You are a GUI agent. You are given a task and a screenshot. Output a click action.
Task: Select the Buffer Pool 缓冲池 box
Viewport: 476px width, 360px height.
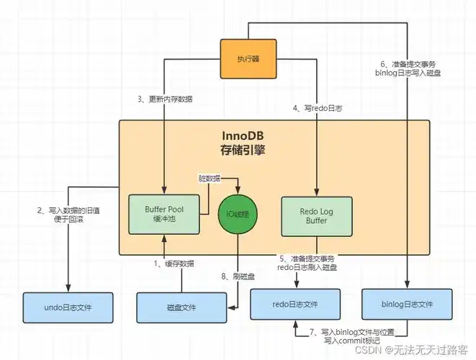163,214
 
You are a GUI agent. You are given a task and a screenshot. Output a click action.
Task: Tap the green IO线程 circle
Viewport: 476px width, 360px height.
238,213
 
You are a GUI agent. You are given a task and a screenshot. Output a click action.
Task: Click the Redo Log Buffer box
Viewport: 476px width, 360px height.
317,214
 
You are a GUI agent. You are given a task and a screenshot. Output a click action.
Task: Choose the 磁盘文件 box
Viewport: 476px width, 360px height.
181,307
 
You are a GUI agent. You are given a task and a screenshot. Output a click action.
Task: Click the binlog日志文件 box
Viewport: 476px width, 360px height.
407,305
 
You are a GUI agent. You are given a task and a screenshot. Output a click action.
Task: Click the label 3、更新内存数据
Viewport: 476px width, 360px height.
164,99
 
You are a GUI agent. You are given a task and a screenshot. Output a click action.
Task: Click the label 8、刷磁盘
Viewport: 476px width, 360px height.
237,275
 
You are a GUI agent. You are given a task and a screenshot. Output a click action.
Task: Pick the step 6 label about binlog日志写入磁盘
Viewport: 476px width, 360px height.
408,67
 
